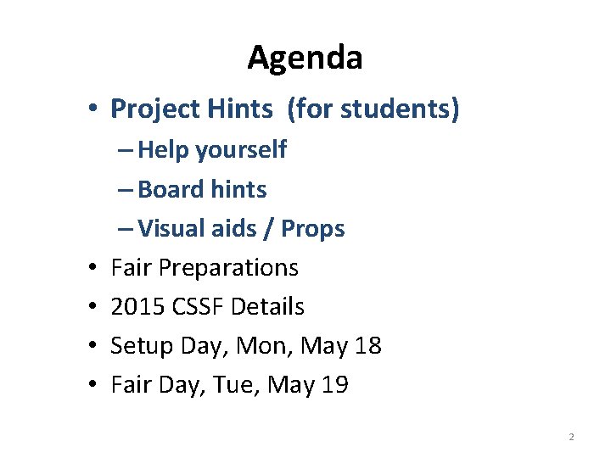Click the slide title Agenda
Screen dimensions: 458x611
pos(305,58)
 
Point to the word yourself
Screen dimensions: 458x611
pos(241,150)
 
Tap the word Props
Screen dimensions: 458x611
pos(312,228)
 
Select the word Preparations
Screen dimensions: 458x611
pos(228,268)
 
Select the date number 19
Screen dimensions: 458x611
pos(334,385)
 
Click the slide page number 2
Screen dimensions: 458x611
pos(571,437)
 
